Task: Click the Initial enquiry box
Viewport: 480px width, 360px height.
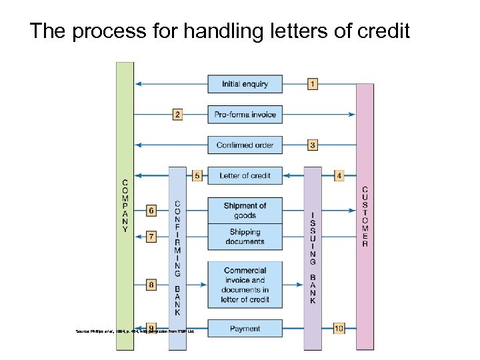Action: (x=245, y=84)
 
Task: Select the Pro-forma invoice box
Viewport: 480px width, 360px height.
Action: (x=245, y=115)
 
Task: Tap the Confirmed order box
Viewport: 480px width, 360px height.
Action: (x=245, y=145)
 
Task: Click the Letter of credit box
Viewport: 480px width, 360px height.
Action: (x=245, y=176)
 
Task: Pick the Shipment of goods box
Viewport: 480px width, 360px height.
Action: (x=245, y=210)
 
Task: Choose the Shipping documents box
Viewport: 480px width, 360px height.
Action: (x=245, y=237)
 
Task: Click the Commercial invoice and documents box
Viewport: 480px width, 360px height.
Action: (x=245, y=285)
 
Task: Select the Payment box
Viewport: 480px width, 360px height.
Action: (x=245, y=329)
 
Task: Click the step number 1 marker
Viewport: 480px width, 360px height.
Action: (x=313, y=84)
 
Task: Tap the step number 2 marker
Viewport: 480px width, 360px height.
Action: (x=177, y=115)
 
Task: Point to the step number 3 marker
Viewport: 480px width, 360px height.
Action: (x=313, y=145)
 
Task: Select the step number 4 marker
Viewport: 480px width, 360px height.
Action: (x=339, y=176)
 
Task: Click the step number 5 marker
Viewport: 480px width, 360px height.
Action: (x=197, y=176)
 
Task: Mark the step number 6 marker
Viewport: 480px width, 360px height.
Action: (x=151, y=211)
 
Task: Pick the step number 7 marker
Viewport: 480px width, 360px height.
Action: (x=151, y=237)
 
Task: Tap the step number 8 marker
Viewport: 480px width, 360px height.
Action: (x=151, y=285)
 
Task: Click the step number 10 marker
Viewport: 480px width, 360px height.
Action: (x=339, y=328)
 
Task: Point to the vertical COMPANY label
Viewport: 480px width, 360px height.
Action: (x=125, y=205)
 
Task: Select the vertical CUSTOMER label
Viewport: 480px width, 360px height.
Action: (x=365, y=216)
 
